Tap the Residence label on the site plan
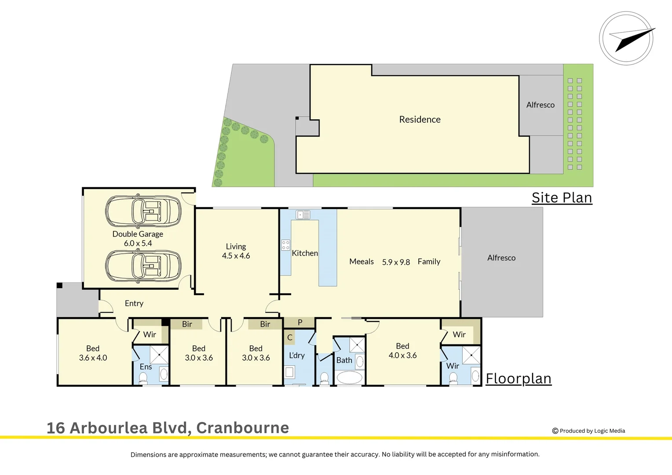pyautogui.click(x=420, y=120)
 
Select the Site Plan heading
pyautogui.click(x=562, y=198)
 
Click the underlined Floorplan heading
pyautogui.click(x=519, y=379)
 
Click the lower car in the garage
pyautogui.click(x=143, y=266)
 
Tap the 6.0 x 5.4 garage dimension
pyautogui.click(x=138, y=244)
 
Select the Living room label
pyautogui.click(x=236, y=247)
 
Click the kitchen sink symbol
pyautogui.click(x=303, y=215)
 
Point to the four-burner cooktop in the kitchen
pyautogui.click(x=285, y=245)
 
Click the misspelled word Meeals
pyautogui.click(x=362, y=262)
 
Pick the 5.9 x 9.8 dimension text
pyautogui.click(x=396, y=263)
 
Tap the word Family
pyautogui.click(x=429, y=262)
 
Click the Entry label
pyautogui.click(x=134, y=303)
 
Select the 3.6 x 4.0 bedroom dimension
pyautogui.click(x=93, y=358)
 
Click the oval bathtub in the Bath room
pyautogui.click(x=349, y=378)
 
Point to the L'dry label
pyautogui.click(x=296, y=355)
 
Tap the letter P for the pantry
pyautogui.click(x=300, y=322)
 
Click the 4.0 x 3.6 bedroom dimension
pyautogui.click(x=402, y=355)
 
